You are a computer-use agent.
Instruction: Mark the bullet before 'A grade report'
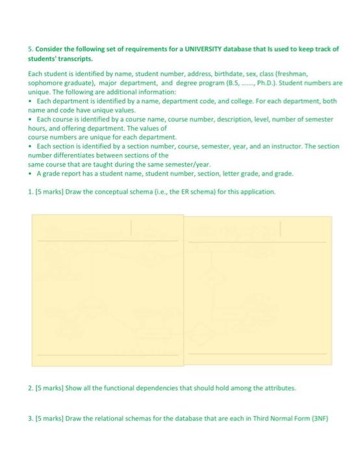pyautogui.click(x=31, y=174)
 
